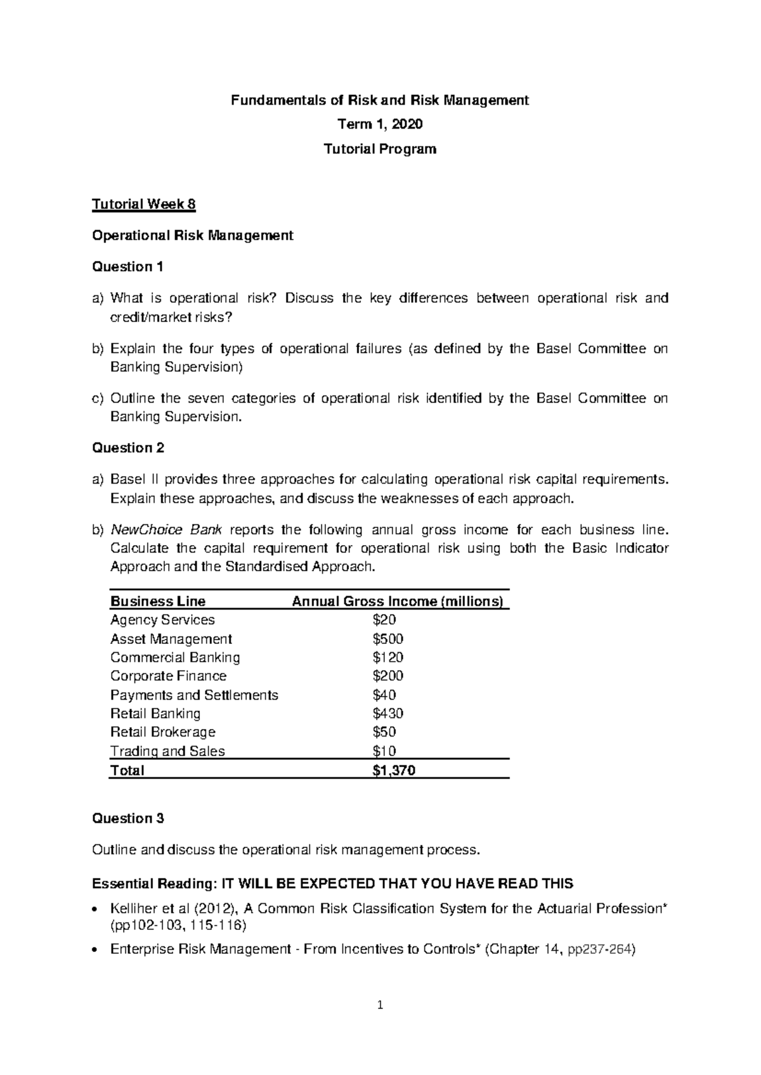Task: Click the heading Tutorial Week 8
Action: coord(144,205)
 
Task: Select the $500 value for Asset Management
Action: coord(388,639)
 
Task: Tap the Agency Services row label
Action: coord(162,620)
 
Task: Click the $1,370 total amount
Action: coord(394,771)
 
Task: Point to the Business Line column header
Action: coord(158,602)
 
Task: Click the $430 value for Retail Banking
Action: coord(388,713)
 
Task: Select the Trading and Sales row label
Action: coord(167,752)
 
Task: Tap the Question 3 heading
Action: coord(128,818)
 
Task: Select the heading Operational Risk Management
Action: coord(193,236)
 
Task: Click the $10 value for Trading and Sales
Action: coord(384,752)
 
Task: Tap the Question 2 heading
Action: coord(128,448)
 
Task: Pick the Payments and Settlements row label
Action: coord(194,695)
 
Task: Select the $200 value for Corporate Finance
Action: coord(388,676)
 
